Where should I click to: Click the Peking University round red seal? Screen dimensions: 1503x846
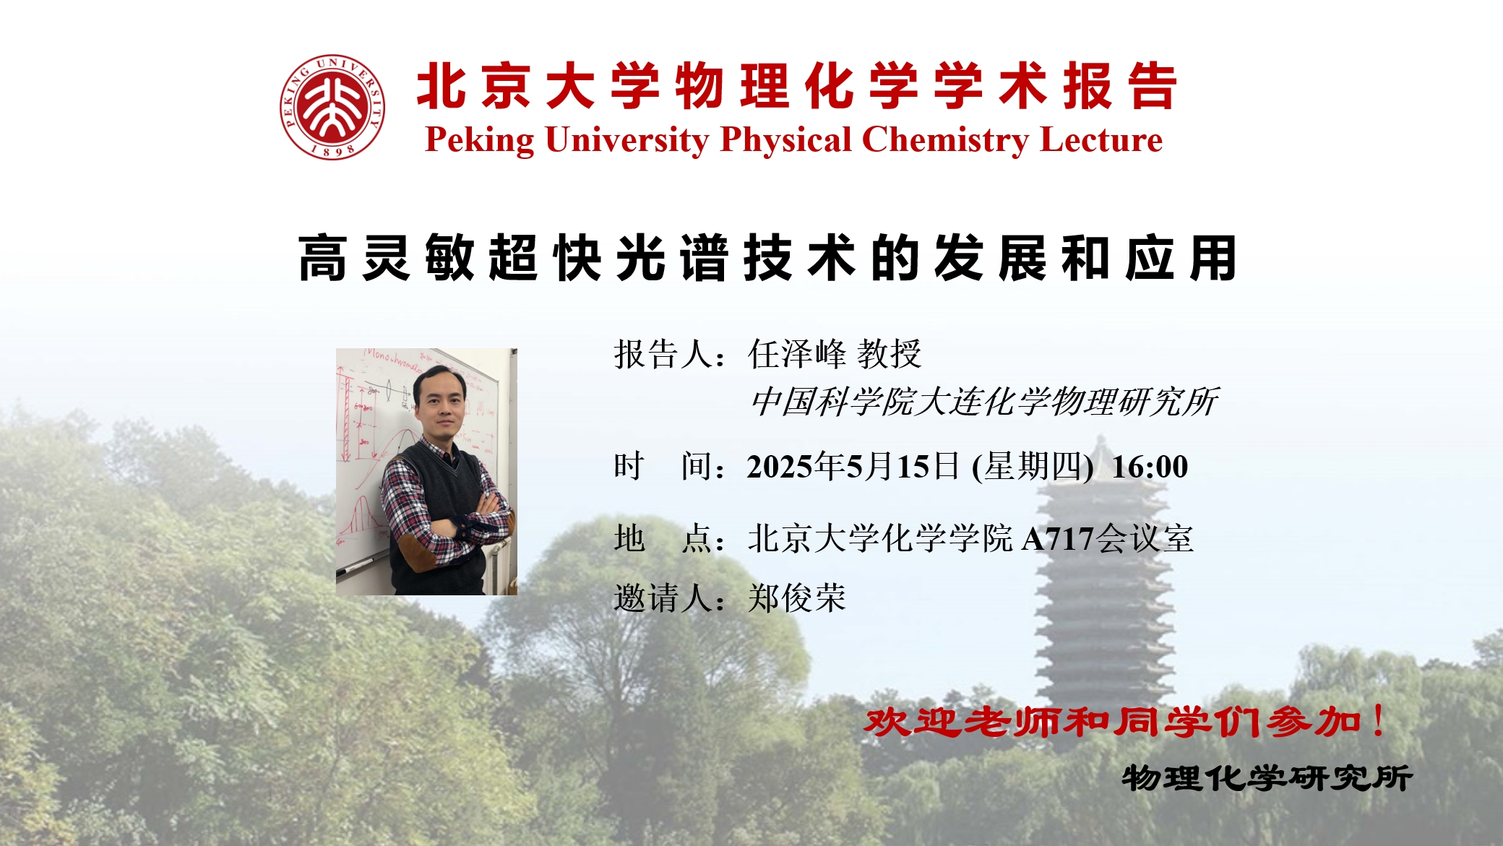click(x=332, y=107)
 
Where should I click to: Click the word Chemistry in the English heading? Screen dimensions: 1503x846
click(x=946, y=140)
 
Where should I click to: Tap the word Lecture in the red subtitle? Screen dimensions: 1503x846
click(x=1101, y=139)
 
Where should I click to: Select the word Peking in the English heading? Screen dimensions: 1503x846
click(x=480, y=141)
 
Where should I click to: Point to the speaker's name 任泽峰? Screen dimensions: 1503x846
click(x=797, y=354)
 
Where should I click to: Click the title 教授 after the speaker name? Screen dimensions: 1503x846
click(x=889, y=354)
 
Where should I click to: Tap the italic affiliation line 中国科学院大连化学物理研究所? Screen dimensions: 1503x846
click(x=984, y=402)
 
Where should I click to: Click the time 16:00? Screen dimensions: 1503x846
click(x=1150, y=467)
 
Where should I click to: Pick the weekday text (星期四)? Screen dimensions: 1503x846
click(x=1033, y=467)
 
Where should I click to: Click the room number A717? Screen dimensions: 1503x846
click(x=1058, y=539)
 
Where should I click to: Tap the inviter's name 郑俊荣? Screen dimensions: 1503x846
click(x=797, y=598)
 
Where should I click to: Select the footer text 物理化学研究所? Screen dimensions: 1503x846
click(x=1267, y=778)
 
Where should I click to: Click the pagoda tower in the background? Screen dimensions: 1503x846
click(x=1103, y=571)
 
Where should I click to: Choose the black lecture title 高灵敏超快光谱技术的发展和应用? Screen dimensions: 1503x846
click(x=768, y=258)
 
